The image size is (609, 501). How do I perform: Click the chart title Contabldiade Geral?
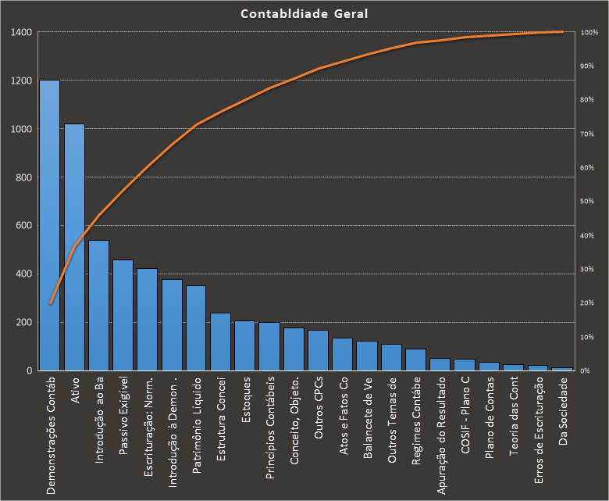[x=304, y=14]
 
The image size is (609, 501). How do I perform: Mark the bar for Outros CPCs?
[x=318, y=350]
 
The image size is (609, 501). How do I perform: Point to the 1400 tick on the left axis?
[x=22, y=32]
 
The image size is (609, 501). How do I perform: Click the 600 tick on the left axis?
[x=24, y=226]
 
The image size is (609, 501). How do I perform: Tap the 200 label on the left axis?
[x=24, y=322]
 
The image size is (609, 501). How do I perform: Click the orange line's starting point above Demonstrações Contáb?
[x=50, y=303]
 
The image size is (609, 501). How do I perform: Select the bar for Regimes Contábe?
[x=415, y=360]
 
